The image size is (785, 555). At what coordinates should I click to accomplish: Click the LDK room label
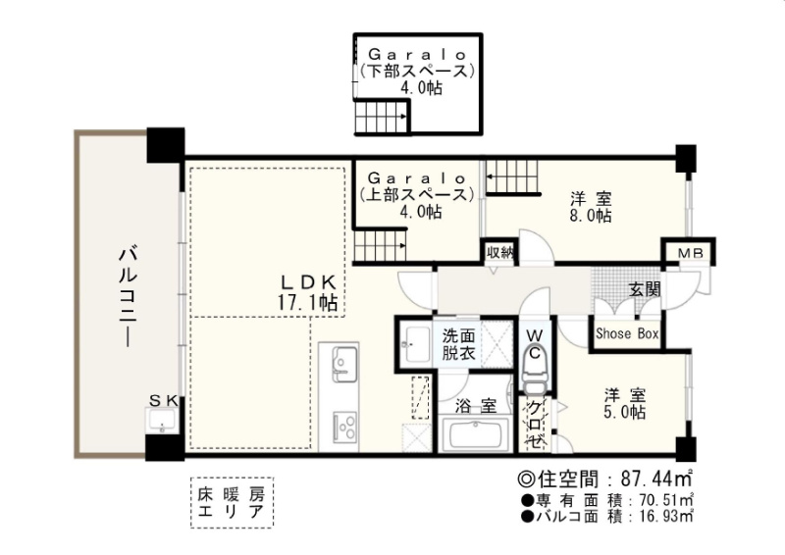coord(307,293)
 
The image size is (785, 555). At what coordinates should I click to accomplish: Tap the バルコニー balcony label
coord(129,296)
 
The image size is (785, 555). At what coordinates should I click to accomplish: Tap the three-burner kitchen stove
coord(344,426)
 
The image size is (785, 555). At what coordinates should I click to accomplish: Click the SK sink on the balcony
coord(161,420)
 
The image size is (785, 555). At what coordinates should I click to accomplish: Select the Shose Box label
coord(627,333)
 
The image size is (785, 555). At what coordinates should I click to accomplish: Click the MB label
coord(691,253)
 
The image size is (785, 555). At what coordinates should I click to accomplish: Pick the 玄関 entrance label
coord(645,288)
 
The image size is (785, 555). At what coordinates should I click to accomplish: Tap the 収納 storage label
coord(499,252)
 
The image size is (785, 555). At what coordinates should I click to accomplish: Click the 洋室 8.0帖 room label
coord(591,207)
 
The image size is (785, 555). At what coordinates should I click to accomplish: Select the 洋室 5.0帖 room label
coord(624,403)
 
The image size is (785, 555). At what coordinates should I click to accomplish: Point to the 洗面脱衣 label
coord(458,344)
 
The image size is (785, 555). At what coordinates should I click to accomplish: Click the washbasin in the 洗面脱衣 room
coord(415,344)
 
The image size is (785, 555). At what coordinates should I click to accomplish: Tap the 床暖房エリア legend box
coord(232,502)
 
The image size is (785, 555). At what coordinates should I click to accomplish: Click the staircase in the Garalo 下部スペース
coord(382,117)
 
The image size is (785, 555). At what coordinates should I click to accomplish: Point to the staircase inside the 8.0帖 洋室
coord(511,177)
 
